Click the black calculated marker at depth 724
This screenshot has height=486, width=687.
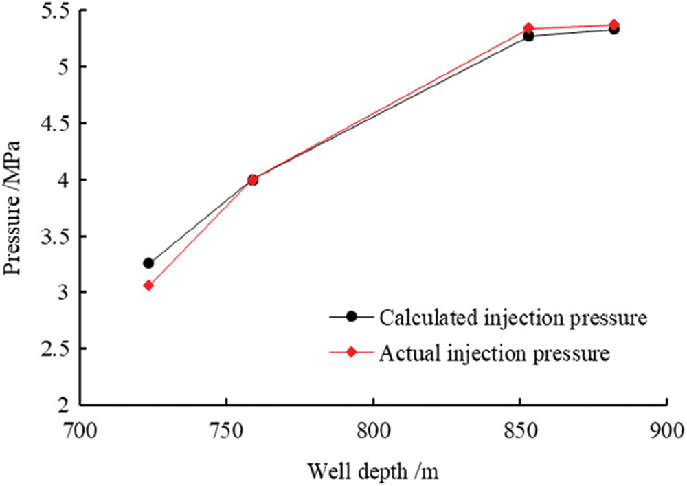click(x=148, y=263)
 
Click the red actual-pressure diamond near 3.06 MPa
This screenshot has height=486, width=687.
click(x=148, y=285)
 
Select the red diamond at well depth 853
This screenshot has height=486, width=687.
click(x=528, y=28)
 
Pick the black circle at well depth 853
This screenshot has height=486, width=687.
click(x=528, y=36)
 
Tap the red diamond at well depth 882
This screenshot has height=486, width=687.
click(x=613, y=25)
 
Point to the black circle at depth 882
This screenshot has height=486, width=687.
click(x=613, y=29)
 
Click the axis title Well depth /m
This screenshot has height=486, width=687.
click(x=373, y=472)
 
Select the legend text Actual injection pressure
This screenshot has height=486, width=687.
click(x=493, y=353)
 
